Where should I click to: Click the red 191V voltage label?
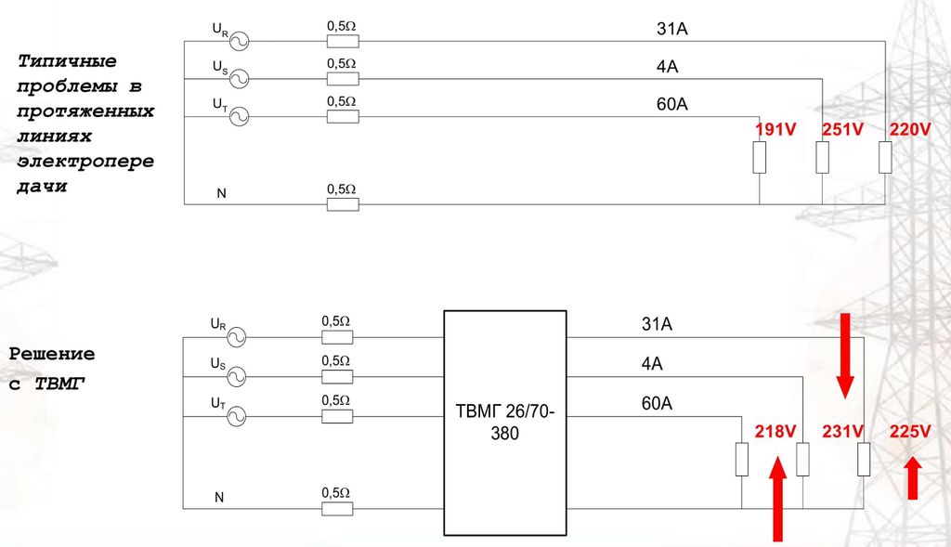775,131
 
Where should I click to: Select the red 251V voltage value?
842,131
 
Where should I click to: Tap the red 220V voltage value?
910,131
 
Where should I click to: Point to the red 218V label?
775,432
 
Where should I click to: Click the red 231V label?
842,432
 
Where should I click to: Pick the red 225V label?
910,432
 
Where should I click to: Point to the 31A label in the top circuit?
671,31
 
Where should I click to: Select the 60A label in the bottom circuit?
657,404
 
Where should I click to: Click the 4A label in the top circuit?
667,68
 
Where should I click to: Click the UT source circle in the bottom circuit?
238,415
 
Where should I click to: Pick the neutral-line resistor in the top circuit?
343,203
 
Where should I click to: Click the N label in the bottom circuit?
220,497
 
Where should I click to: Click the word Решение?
52,354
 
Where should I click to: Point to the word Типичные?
67,61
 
